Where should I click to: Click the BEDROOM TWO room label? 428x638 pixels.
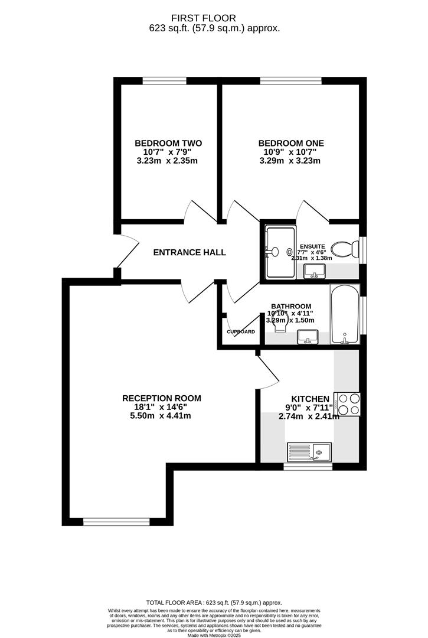(168, 143)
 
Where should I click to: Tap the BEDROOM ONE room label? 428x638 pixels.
(291, 143)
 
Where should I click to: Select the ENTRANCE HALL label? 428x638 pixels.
(190, 252)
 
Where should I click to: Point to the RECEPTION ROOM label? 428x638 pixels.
(161, 398)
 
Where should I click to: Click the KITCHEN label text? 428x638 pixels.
(310, 399)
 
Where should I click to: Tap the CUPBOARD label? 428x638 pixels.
(241, 332)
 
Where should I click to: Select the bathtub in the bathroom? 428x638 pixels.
(342, 314)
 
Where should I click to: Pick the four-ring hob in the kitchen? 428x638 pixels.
(347, 405)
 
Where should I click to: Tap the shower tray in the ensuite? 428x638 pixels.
(280, 252)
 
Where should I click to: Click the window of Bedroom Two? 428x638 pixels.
(165, 81)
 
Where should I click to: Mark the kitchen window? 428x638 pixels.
(308, 467)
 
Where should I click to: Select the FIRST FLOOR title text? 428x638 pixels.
(214, 18)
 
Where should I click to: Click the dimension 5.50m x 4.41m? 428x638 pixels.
(161, 416)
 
